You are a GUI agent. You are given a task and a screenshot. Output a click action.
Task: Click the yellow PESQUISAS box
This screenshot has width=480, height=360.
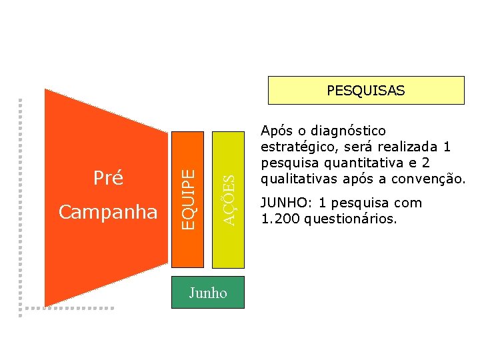[x=365, y=91]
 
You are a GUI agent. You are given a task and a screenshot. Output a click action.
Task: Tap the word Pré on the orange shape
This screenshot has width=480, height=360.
[x=107, y=178]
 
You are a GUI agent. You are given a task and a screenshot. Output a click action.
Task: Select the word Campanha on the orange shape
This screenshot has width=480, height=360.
[x=108, y=212]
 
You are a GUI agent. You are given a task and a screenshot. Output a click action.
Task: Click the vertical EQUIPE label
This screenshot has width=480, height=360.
[x=189, y=199]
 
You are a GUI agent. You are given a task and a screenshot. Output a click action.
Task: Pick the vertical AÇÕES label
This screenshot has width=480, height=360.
[x=229, y=199]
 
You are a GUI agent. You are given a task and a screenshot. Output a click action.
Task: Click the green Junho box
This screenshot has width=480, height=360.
[x=208, y=293]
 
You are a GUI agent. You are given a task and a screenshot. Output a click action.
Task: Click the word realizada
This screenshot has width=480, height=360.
[x=409, y=147]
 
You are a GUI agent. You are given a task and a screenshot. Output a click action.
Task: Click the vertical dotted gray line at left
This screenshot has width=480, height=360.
[x=21, y=200]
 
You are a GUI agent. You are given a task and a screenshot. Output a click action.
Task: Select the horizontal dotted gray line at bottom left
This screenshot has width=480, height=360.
[x=67, y=308]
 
